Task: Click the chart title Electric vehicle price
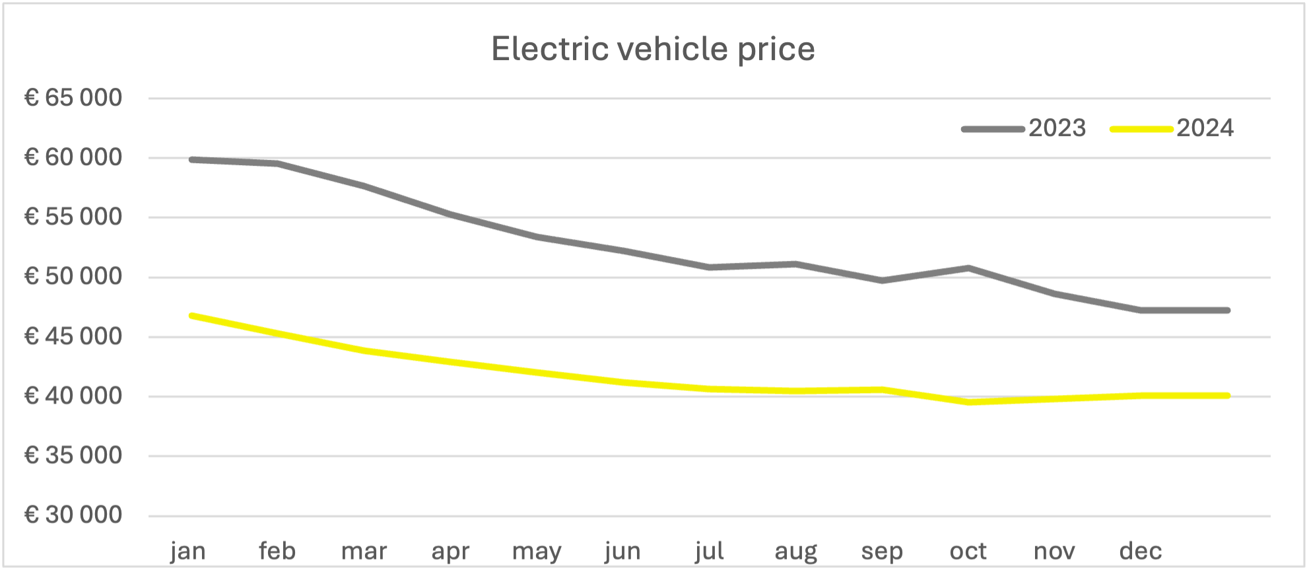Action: pos(653,49)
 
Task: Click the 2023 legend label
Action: pos(1057,128)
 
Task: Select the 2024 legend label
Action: pos(1205,128)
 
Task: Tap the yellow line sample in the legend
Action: pos(1141,129)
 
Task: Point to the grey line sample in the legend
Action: pos(993,129)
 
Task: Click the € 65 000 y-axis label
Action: pos(73,98)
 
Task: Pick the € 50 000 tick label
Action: pos(73,276)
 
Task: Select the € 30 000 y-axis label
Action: pos(73,515)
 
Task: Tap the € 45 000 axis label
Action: pos(73,336)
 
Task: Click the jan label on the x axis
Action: pos(188,551)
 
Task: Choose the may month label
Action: pos(537,551)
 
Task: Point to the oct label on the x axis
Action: pos(968,551)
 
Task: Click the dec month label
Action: pos(1141,551)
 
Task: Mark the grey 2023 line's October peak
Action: pos(968,268)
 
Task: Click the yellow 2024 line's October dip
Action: pos(968,402)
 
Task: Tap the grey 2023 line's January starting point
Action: pos(191,159)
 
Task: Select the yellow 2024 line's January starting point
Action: pos(191,316)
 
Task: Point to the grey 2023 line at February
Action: pos(278,163)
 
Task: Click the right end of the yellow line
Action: pos(1227,396)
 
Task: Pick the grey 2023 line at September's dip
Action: pos(882,280)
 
